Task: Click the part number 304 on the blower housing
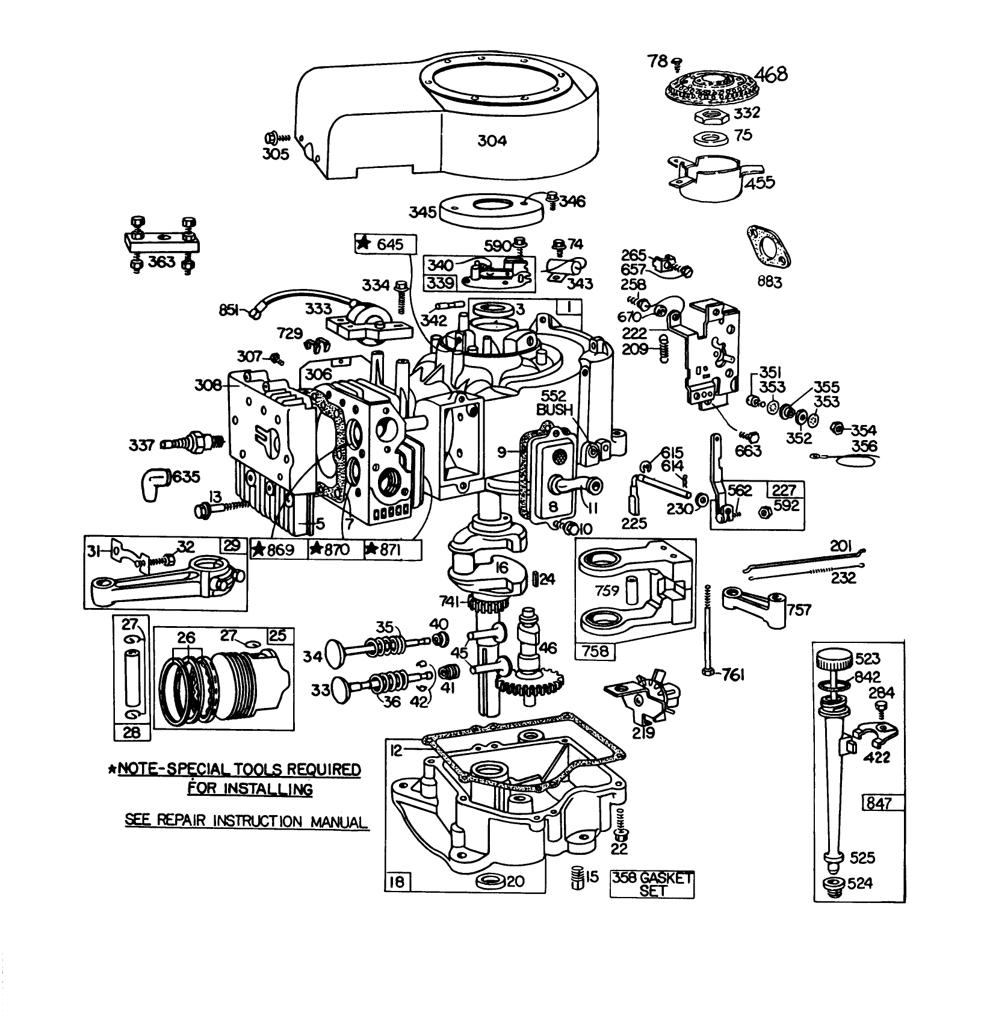point(492,141)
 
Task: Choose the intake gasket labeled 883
point(768,246)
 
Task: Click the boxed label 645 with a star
point(386,244)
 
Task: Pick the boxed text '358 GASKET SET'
point(652,884)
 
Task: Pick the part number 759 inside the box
point(606,591)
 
